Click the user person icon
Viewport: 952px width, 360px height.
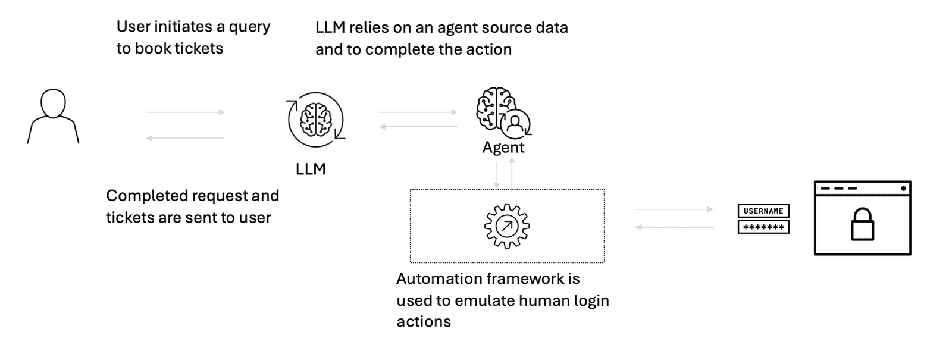click(53, 116)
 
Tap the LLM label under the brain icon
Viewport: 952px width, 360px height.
click(311, 169)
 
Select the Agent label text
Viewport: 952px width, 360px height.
click(503, 148)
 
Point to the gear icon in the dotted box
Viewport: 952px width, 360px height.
click(507, 226)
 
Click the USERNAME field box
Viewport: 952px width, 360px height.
click(763, 211)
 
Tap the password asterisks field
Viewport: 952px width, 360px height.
click(763, 227)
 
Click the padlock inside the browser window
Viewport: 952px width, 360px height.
click(862, 224)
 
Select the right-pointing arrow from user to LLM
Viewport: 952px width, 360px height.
click(185, 112)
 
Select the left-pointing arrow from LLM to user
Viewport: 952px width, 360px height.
click(185, 138)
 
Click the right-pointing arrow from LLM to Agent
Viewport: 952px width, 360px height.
click(418, 112)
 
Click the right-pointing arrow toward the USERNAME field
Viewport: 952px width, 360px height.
click(674, 209)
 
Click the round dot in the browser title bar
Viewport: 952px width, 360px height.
click(904, 189)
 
